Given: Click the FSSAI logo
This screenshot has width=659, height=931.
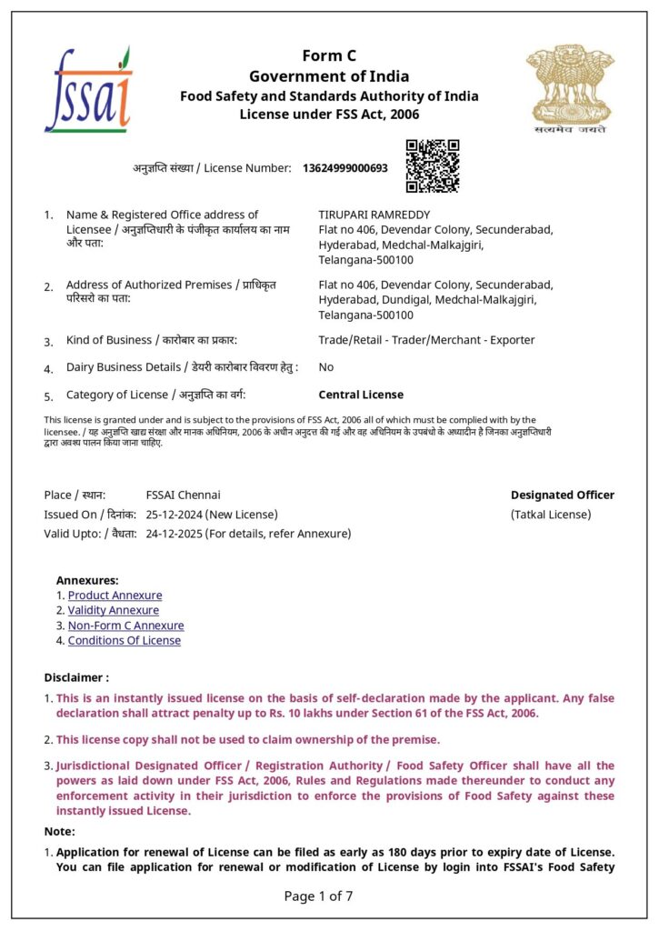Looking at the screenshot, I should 88,90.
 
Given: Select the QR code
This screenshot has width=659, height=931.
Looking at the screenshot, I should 432,165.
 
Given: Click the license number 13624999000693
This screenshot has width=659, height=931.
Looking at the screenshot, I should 344,168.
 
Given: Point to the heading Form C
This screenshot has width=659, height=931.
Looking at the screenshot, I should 329,56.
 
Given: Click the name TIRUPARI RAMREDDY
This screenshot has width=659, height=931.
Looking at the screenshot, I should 367,215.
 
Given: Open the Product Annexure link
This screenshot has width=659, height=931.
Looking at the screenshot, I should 115,596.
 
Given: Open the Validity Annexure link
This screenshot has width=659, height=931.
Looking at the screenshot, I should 113,610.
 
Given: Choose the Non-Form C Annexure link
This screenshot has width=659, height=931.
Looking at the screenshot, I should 125,626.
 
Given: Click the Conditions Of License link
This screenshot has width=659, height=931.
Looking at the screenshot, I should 124,640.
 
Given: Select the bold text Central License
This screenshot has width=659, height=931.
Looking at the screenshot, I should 361,395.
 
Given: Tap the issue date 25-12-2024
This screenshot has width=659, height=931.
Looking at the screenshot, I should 175,515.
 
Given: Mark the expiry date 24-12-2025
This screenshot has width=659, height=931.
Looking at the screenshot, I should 175,534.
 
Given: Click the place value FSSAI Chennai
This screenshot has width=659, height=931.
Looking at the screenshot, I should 183,496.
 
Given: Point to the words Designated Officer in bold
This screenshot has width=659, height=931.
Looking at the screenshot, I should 562,496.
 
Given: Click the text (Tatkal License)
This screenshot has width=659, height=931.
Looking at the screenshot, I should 551,515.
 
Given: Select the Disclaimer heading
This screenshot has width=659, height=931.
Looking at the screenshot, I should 76,677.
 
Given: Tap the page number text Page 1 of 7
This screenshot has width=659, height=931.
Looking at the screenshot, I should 318,896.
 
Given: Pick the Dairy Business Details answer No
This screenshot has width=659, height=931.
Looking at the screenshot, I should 326,367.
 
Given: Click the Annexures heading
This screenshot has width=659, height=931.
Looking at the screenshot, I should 87,580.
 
